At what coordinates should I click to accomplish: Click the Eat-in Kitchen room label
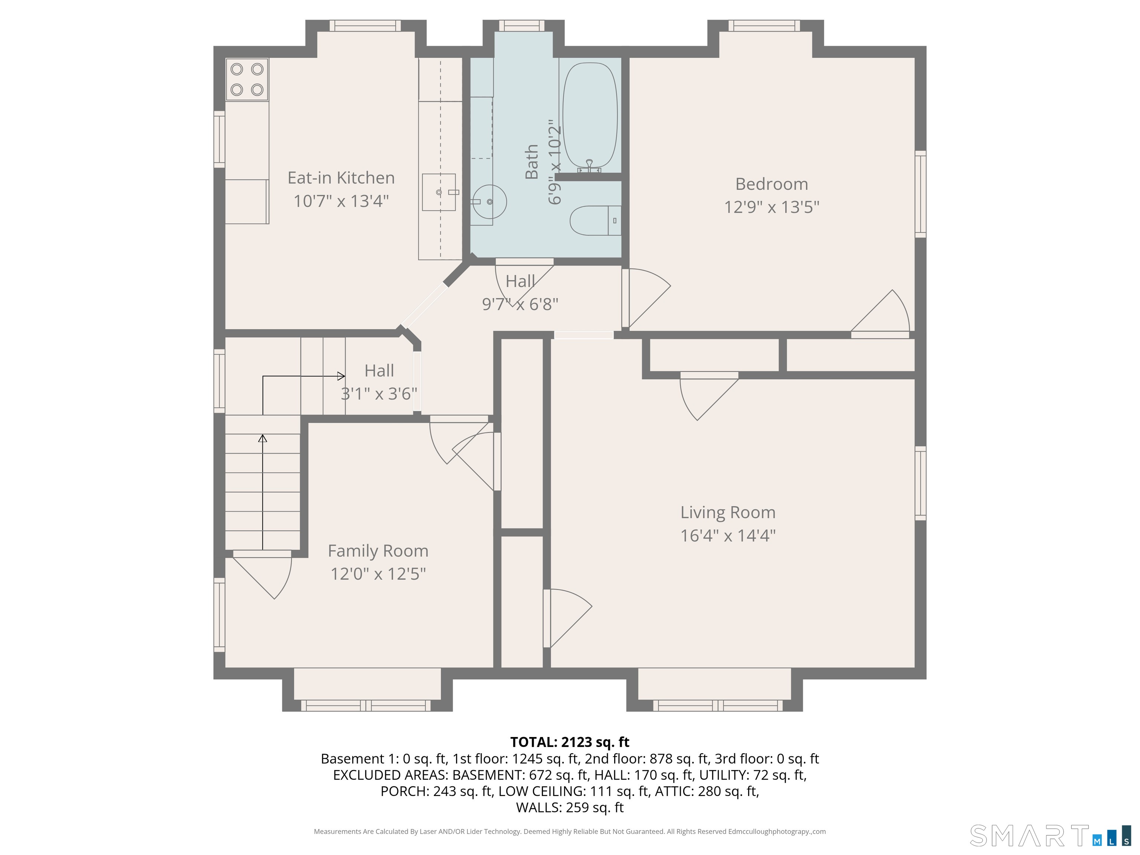[341, 178]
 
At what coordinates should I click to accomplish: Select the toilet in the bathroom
[595, 220]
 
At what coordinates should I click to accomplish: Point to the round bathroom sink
[488, 202]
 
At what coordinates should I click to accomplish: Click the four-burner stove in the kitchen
[247, 79]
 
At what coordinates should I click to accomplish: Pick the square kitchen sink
[439, 192]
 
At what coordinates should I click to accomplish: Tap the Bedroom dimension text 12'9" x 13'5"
[772, 207]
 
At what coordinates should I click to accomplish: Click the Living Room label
[728, 512]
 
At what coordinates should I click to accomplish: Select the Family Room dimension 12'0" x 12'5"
[378, 574]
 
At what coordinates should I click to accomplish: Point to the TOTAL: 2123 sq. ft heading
[570, 742]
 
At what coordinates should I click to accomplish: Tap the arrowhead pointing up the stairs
[263, 439]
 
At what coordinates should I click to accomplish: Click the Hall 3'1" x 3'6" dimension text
[379, 394]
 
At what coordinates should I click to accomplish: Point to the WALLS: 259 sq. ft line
[570, 807]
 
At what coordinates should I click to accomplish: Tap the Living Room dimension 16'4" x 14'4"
[728, 536]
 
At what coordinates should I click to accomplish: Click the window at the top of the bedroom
[764, 26]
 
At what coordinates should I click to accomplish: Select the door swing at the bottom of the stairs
[263, 574]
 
